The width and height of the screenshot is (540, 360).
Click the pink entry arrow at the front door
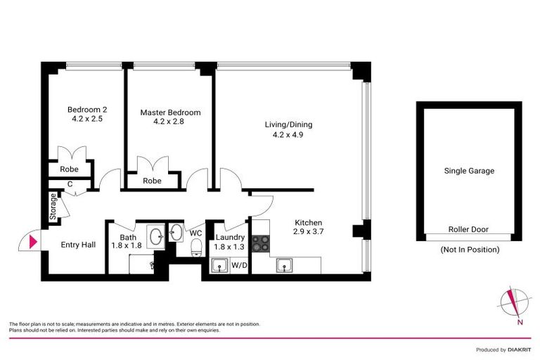coord(32,243)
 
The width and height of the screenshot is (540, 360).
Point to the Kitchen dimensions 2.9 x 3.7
coord(307,231)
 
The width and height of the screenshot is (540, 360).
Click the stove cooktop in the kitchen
coord(260,243)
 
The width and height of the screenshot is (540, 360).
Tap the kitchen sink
coord(285,265)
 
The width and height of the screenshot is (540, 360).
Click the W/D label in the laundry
coord(239,266)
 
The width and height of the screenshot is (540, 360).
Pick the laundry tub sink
coord(219,265)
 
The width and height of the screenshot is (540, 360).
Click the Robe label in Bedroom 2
coord(69,169)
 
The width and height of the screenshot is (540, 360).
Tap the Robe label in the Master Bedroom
coord(152,181)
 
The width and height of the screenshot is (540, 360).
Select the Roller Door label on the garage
coord(469,229)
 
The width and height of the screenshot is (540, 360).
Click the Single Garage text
coord(469,171)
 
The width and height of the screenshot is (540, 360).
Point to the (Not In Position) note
coord(469,249)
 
